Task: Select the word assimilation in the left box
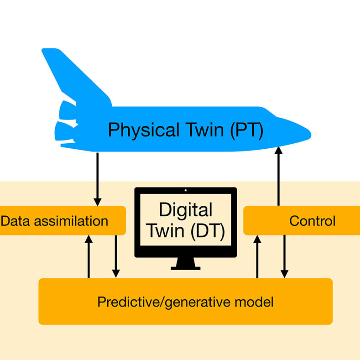pos(68,221)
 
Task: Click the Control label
pos(312,221)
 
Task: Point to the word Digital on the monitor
pos(185,210)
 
